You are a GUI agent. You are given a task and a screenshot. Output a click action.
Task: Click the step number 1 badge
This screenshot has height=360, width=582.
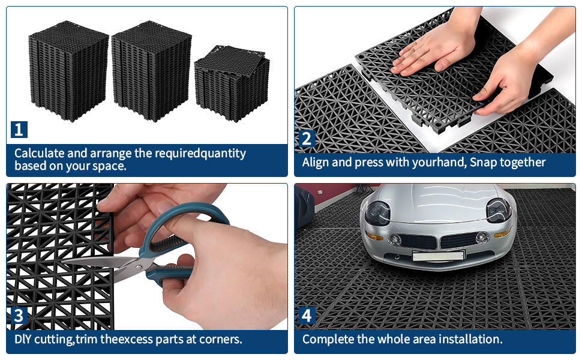point(19,130)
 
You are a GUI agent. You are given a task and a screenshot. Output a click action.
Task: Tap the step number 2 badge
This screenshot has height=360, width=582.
point(307,139)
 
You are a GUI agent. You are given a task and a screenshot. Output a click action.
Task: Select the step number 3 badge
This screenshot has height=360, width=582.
point(19,316)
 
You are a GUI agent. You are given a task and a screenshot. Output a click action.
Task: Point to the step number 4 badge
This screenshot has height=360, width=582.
point(307,316)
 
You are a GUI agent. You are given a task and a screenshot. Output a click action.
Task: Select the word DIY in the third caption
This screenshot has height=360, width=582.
point(23,339)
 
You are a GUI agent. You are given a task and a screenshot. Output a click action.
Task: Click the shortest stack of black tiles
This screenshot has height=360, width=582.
point(232,83)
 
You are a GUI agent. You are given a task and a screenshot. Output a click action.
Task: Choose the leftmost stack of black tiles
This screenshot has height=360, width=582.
point(69,71)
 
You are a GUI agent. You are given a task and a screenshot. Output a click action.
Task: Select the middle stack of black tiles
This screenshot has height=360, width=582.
point(151,71)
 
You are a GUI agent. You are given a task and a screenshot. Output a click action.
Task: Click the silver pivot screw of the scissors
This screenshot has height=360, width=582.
point(139,267)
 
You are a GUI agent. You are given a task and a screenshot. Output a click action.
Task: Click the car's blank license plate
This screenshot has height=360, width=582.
point(439,256)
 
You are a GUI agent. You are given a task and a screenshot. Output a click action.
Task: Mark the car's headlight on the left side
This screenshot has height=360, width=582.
point(378,213)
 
